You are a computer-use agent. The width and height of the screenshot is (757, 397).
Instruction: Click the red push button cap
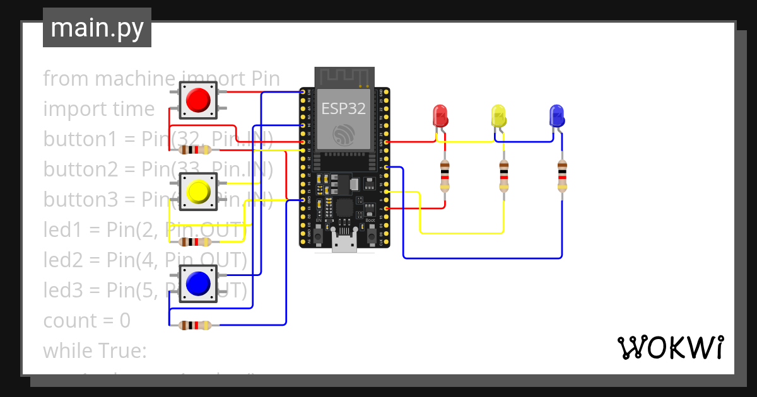point(198,100)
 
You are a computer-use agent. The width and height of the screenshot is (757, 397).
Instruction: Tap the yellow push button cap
point(198,191)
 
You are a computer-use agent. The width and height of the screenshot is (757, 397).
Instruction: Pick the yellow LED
point(499,116)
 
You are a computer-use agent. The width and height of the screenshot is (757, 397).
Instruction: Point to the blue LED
point(557,116)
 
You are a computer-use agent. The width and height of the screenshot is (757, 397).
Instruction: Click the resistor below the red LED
point(445,176)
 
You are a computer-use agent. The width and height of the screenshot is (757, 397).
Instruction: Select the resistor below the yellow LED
point(503,176)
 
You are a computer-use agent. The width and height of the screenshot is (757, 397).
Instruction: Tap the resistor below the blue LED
point(561,176)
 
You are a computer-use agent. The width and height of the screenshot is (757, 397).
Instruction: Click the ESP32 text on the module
point(344,108)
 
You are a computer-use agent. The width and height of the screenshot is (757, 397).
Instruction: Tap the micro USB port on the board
point(344,243)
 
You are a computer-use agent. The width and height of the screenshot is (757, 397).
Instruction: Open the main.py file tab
point(97,28)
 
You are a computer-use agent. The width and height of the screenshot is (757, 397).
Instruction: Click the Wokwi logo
point(670,347)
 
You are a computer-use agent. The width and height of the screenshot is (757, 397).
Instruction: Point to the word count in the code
point(69,321)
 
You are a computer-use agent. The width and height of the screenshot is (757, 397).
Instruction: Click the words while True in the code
point(95,350)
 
